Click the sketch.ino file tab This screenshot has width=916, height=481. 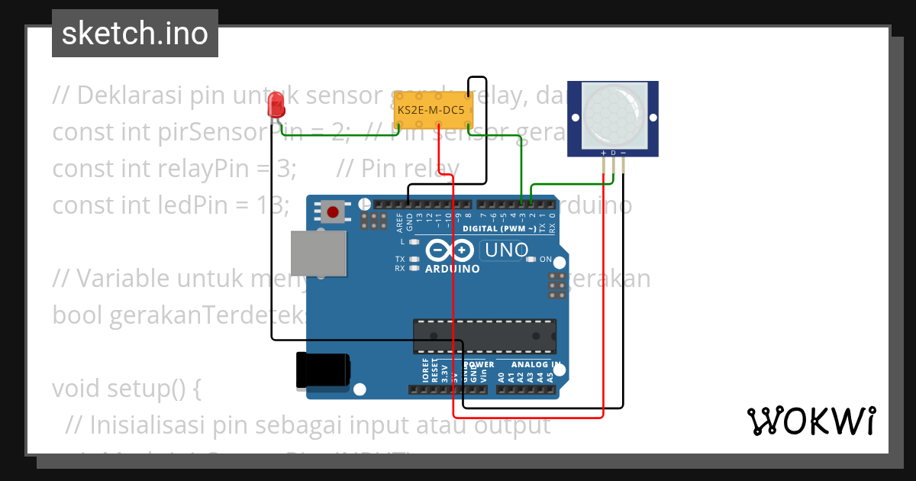(x=134, y=34)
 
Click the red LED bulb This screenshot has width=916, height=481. (x=276, y=106)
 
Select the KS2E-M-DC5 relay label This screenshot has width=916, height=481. (x=431, y=111)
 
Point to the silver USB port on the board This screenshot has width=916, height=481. (x=318, y=254)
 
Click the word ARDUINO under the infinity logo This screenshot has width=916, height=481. (x=453, y=269)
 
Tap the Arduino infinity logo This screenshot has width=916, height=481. (x=451, y=250)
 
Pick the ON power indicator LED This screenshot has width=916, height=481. (x=532, y=260)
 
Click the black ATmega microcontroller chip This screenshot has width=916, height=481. (x=484, y=337)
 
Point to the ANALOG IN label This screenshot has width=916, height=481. (x=535, y=364)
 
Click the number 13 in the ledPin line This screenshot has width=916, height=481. (x=273, y=205)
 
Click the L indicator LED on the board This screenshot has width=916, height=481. (x=414, y=241)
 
